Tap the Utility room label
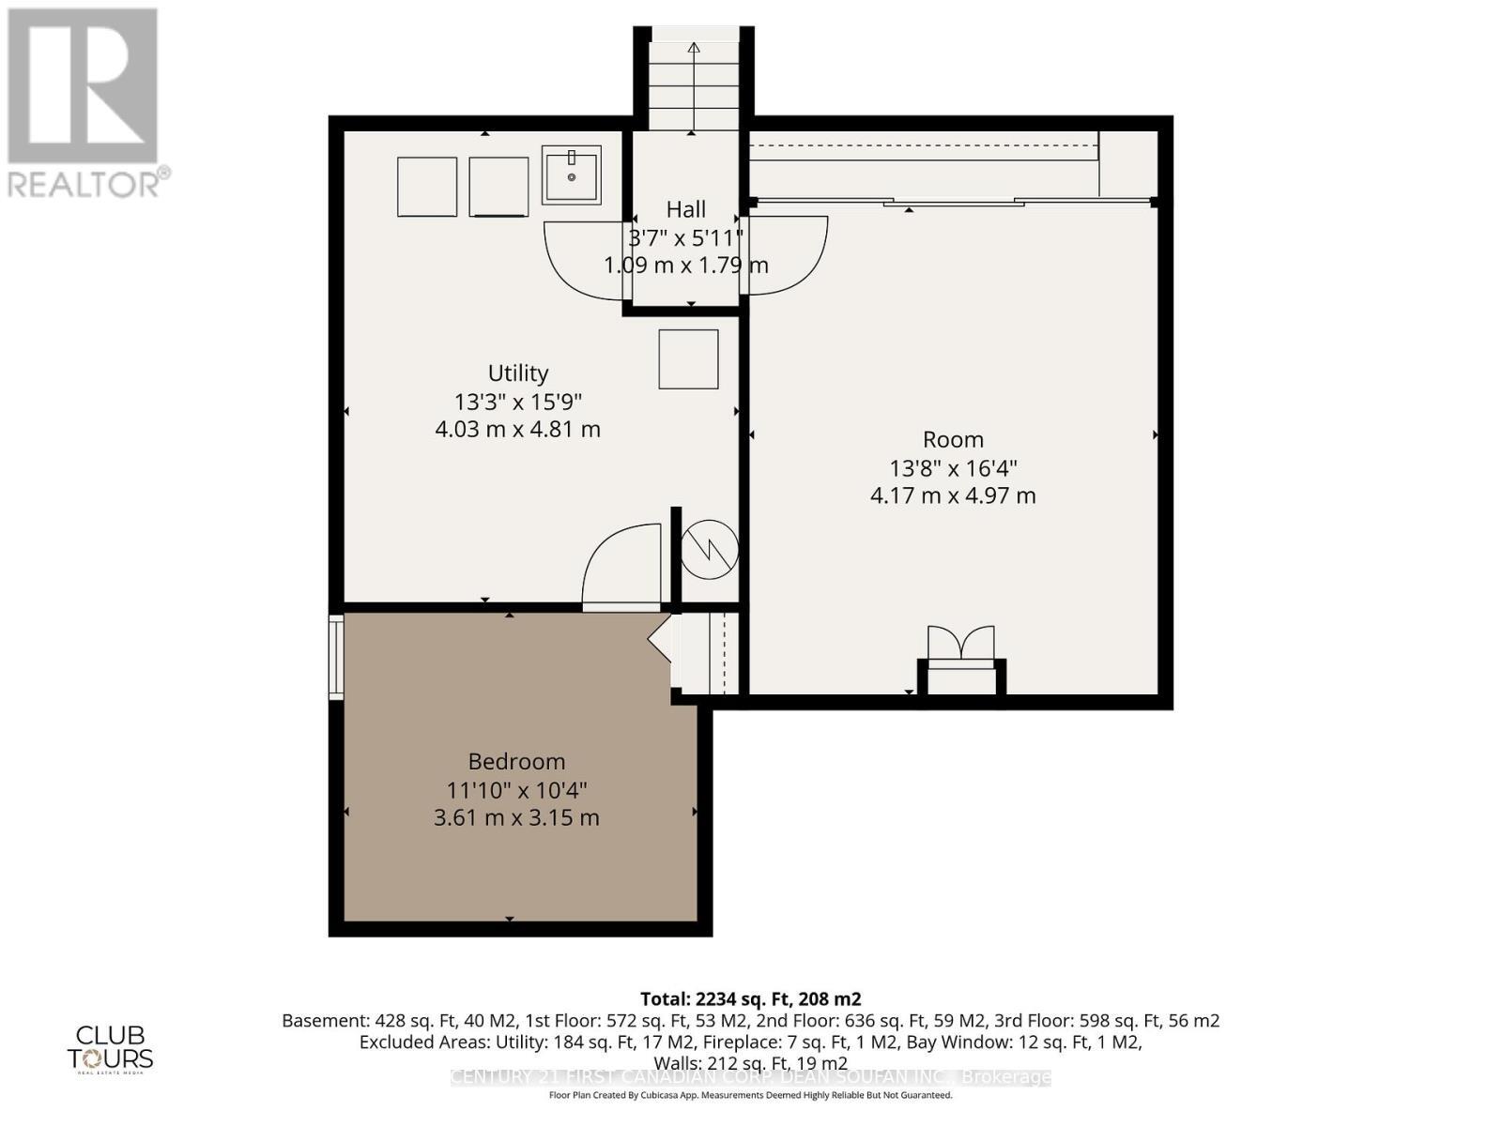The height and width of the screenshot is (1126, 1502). [x=518, y=373]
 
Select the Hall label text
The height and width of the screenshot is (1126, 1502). [x=686, y=209]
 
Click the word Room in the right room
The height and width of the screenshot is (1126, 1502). [x=953, y=440]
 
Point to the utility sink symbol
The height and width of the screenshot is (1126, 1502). [x=571, y=175]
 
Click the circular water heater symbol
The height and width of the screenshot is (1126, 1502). [x=710, y=548]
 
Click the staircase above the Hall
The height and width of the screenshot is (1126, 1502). [x=694, y=84]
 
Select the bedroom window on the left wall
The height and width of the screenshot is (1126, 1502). [x=336, y=657]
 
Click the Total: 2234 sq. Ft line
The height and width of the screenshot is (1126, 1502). [x=750, y=999]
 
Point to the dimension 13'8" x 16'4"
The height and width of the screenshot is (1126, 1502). [x=953, y=468]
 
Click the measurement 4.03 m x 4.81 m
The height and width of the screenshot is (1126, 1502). [x=518, y=430]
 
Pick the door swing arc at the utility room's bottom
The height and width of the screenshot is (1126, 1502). [x=620, y=568]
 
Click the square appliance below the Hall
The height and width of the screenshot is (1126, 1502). [x=688, y=359]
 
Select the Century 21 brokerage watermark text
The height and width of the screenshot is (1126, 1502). [x=750, y=1077]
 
